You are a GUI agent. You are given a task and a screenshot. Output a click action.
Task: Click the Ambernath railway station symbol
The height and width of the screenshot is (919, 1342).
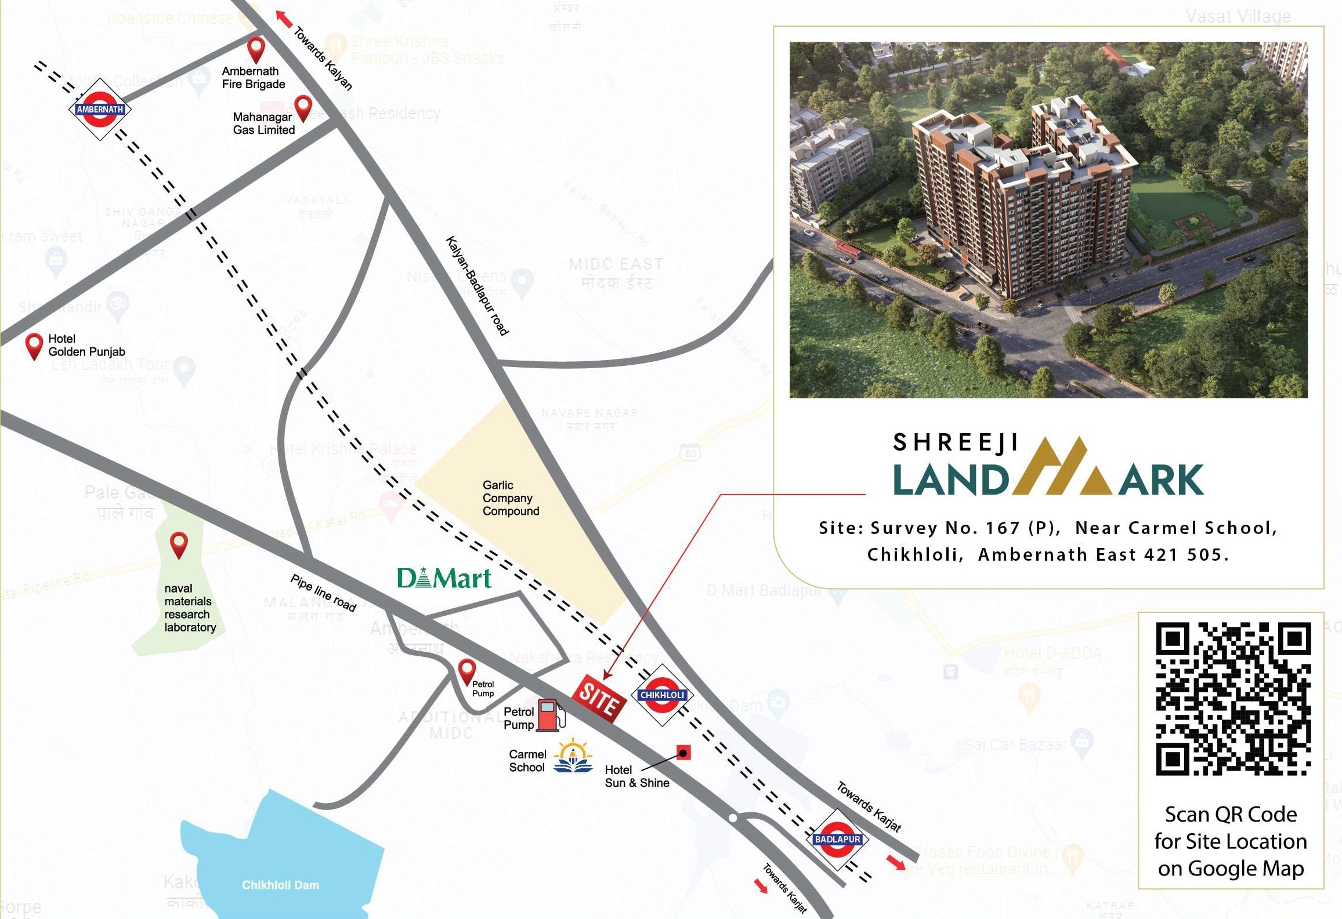point(100,109)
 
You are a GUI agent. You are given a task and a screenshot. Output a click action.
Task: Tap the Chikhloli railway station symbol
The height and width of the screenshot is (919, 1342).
point(662,695)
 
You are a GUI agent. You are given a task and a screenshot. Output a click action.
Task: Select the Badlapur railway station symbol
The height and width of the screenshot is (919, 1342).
point(837,839)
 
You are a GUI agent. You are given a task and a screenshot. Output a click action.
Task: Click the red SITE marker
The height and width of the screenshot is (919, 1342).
point(599,698)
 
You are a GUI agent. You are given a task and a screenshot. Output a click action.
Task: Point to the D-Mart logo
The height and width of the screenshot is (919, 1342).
point(444,578)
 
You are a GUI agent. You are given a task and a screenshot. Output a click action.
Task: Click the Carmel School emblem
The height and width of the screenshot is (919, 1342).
point(573,756)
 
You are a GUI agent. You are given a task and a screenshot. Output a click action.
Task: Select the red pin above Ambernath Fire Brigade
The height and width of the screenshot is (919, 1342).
point(256,49)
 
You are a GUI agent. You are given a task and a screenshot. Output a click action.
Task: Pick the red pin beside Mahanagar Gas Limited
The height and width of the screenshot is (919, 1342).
point(303,108)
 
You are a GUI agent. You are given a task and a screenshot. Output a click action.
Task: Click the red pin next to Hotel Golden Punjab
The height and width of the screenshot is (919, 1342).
point(35,346)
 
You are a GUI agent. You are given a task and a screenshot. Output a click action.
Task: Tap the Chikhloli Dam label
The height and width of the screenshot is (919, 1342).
point(280,885)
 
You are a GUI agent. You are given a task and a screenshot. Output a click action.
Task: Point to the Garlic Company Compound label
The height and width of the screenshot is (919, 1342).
point(511,498)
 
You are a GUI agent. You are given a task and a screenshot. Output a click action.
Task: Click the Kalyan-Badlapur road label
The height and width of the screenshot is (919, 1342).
point(477,285)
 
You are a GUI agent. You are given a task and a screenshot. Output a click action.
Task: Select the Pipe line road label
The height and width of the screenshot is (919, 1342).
point(323,593)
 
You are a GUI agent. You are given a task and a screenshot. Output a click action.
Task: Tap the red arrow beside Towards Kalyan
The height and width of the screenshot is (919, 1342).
point(284,19)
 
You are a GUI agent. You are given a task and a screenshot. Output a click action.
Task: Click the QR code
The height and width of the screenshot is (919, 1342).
point(1233,699)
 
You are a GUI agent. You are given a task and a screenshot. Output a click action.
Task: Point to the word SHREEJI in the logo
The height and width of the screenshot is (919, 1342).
point(956,443)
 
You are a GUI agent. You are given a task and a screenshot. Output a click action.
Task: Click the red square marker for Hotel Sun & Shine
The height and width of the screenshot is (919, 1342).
point(683,753)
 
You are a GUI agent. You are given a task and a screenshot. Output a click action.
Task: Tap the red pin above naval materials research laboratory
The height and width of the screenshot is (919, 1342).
point(179,544)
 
